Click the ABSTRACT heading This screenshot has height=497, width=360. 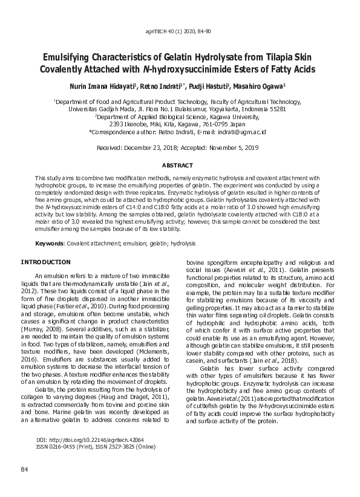coord(180,165)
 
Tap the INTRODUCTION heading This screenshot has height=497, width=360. coord(46,262)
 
